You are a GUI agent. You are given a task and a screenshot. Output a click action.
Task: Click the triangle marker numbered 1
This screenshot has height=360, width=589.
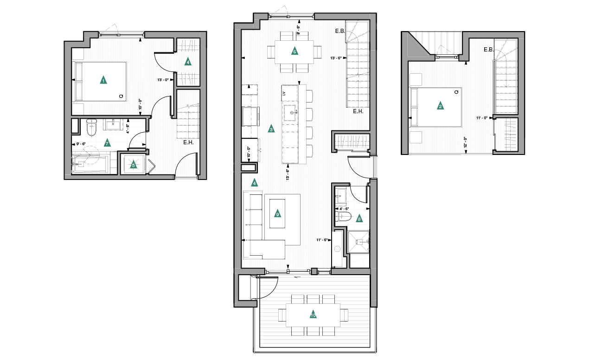(103, 80)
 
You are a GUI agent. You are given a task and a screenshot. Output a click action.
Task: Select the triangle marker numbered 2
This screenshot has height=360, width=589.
(440, 106)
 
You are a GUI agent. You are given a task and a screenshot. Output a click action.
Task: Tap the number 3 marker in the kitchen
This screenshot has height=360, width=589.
(271, 129)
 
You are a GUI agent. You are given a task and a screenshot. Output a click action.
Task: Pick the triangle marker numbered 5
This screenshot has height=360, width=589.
(134, 164)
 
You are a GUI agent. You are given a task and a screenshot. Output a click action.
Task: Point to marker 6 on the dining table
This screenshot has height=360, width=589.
(294, 51)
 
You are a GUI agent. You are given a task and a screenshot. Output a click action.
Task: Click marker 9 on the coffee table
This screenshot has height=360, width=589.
(277, 214)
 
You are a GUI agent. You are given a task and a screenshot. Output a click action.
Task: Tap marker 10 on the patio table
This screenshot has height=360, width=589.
(313, 315)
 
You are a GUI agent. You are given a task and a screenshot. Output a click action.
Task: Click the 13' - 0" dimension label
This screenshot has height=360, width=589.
(165, 80)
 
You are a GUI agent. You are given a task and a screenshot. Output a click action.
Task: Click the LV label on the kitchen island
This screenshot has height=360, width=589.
(283, 94)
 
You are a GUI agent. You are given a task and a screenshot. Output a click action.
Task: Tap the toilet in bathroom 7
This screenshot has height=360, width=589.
(91, 128)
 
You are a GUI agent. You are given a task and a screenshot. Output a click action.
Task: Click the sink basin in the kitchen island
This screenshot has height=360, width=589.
(292, 109)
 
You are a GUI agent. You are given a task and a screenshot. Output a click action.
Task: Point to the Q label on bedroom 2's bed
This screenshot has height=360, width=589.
(456, 92)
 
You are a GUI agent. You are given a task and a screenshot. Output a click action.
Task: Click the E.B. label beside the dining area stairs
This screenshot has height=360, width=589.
(341, 32)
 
